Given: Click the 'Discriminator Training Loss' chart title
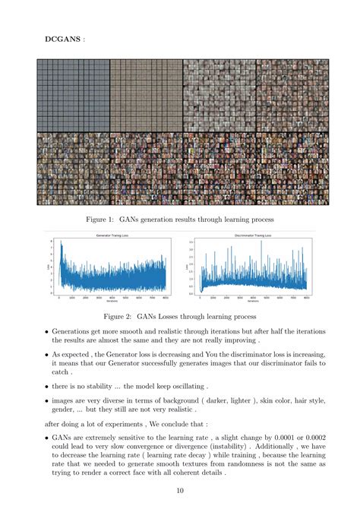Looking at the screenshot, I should (248, 237).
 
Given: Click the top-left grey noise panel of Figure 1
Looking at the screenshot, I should (73, 96).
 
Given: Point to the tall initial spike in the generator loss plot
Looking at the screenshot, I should (62, 246).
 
